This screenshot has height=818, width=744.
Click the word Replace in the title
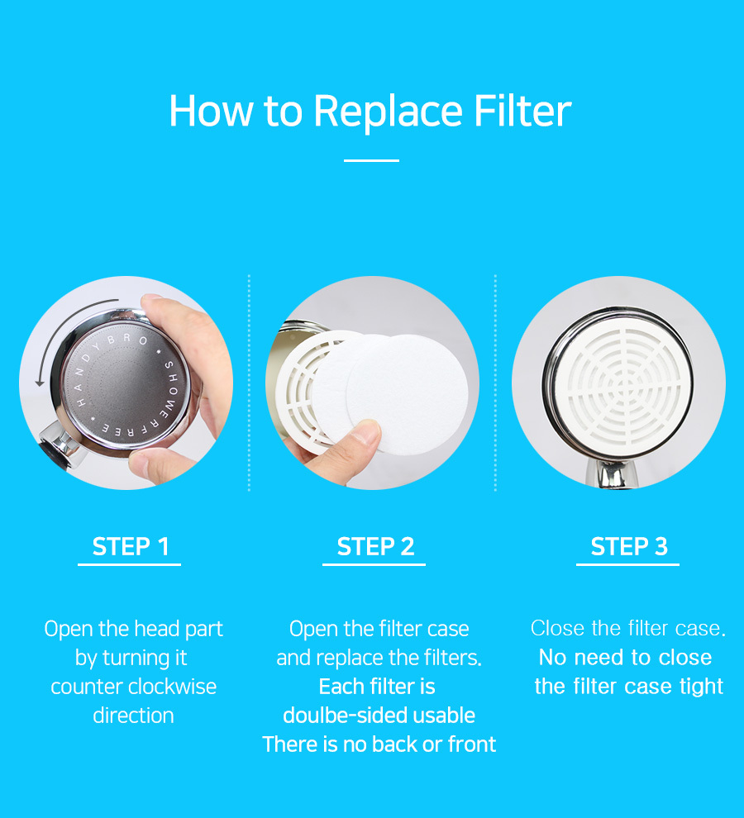(x=388, y=112)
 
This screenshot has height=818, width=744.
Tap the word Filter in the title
(x=522, y=111)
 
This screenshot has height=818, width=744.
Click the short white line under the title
(x=371, y=160)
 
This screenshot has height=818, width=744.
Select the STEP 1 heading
(x=130, y=547)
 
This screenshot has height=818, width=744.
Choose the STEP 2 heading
(x=375, y=547)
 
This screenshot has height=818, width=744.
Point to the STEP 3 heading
(x=629, y=547)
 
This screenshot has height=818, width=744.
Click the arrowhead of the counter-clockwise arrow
(x=40, y=383)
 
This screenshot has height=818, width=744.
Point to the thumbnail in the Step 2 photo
(x=370, y=433)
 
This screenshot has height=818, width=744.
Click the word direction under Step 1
(x=133, y=716)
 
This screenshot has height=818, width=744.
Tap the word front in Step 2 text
(x=472, y=744)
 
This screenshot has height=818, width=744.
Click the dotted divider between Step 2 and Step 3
(x=495, y=383)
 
